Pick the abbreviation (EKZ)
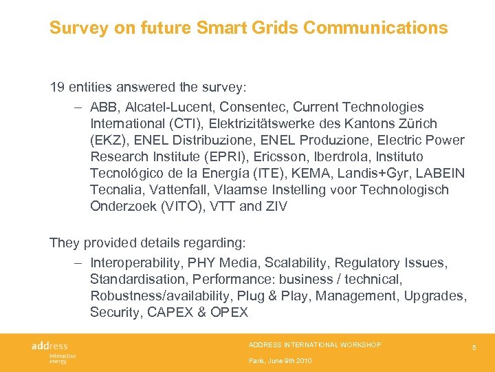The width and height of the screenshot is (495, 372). click(109, 141)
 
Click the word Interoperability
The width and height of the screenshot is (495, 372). click(138, 263)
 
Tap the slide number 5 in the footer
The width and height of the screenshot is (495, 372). click(474, 349)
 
